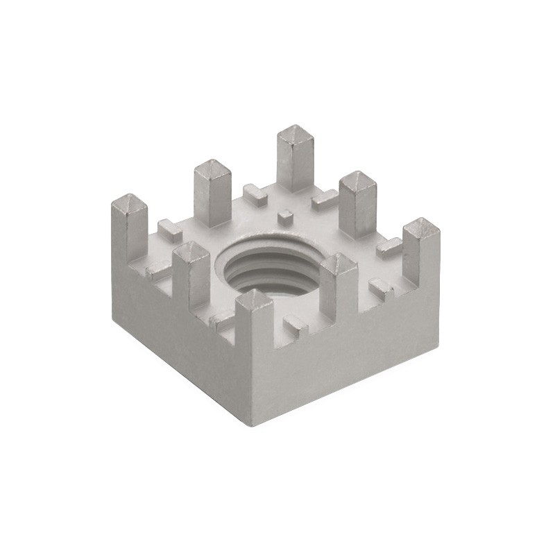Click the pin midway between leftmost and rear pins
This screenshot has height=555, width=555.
click(212, 191)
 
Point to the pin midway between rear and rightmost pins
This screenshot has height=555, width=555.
click(358, 201)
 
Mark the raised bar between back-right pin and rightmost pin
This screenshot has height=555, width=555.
click(389, 246)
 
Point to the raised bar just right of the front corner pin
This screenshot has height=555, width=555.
click(294, 322)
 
